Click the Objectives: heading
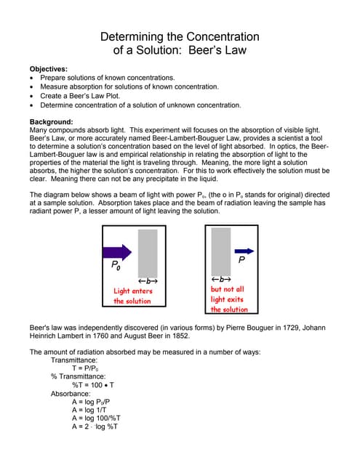pyautogui.click(x=49, y=68)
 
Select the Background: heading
pyautogui.click(x=51, y=121)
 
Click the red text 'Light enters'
pyautogui.click(x=133, y=291)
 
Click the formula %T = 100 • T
pyautogui.click(x=93, y=385)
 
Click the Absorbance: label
pyautogui.click(x=71, y=393)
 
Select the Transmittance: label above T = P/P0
pyautogui.click(x=74, y=360)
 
